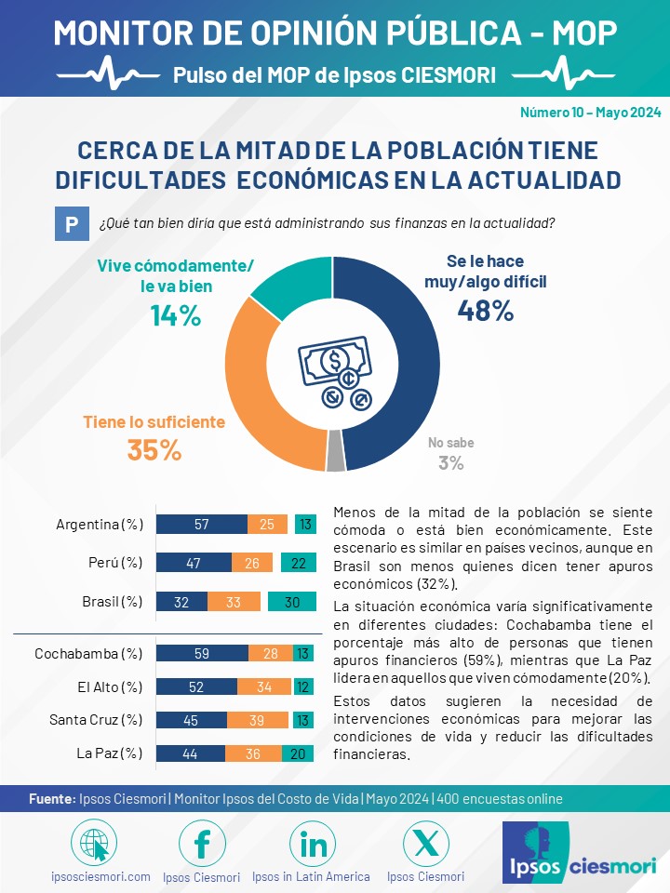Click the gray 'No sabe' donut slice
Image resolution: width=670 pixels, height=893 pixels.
336,451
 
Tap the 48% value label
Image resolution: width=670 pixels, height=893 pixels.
486,311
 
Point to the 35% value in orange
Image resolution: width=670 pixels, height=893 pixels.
154,450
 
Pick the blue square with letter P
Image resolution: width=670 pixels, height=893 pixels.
72,224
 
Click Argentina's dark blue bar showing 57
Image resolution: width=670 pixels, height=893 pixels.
202,524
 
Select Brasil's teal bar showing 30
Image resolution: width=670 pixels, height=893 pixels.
292,602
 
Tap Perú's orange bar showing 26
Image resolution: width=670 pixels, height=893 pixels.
252,563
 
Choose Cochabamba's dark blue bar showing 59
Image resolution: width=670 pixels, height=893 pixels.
202,653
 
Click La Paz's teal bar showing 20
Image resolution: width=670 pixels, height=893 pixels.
299,753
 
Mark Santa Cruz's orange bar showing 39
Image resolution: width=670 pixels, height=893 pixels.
258,720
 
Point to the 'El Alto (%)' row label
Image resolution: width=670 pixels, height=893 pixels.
110,686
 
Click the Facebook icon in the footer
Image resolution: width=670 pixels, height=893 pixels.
202,843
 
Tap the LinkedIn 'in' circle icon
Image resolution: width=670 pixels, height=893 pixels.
313,843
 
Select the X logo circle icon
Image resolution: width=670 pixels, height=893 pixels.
425,843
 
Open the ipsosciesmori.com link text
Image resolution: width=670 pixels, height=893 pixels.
100,876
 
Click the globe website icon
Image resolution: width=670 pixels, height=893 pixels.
94,843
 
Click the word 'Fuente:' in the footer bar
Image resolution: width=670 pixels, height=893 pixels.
52,799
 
